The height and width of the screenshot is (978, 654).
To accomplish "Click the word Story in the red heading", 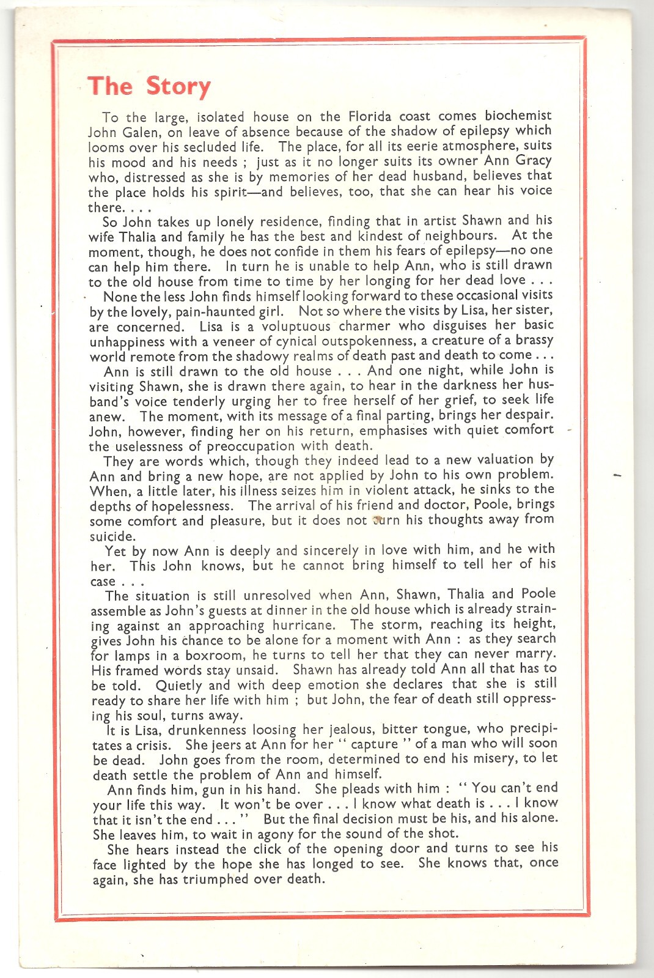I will [x=178, y=86].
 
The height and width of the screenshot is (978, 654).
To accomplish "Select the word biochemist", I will [x=518, y=116].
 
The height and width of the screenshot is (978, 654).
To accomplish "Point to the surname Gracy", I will [x=534, y=161].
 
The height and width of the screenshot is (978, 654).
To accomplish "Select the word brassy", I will [x=534, y=340].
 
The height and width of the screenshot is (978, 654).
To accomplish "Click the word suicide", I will [x=112, y=536].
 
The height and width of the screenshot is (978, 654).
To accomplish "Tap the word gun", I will [x=215, y=790].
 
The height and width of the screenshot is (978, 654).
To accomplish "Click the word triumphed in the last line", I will [x=227, y=879].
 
